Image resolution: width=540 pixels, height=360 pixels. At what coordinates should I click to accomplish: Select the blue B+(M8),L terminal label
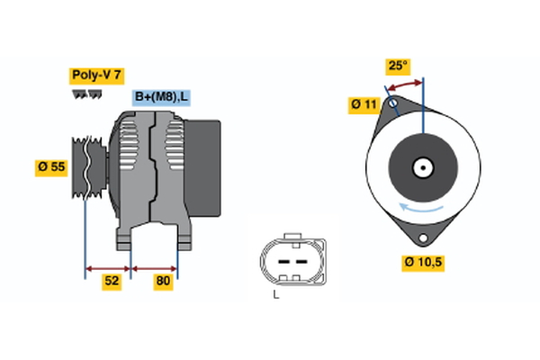[x=161, y=97]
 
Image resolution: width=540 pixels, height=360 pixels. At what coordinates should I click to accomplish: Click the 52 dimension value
[x=112, y=281]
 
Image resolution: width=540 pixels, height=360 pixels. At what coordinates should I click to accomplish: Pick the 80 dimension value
[x=163, y=281]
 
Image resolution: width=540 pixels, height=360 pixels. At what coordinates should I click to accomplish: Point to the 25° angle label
[x=398, y=66]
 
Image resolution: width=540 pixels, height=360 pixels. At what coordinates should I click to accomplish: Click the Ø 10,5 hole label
[x=421, y=263]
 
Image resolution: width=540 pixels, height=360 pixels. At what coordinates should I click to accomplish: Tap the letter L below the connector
[x=277, y=293]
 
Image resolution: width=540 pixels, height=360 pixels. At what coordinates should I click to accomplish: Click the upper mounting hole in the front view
[x=392, y=104]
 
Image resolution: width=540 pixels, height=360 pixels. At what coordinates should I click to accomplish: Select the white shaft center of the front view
[x=421, y=167]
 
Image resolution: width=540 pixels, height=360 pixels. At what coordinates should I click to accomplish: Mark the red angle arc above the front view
[x=405, y=83]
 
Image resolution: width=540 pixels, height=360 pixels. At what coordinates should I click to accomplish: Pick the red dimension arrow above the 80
[x=154, y=267]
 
